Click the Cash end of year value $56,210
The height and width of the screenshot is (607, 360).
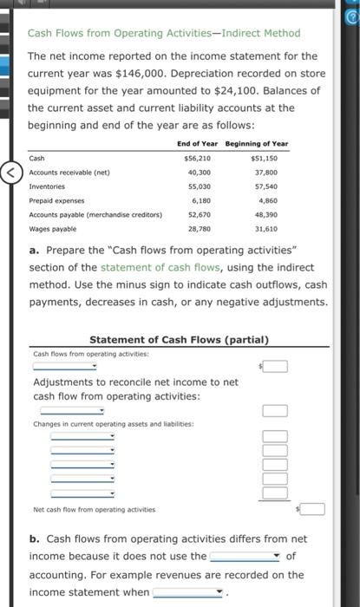click(x=198, y=159)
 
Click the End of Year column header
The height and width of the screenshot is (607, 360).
click(x=197, y=143)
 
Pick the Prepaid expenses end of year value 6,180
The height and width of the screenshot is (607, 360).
click(x=200, y=200)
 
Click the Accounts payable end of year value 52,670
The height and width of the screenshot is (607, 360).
click(x=199, y=214)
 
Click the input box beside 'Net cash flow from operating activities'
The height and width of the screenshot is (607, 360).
click(x=314, y=509)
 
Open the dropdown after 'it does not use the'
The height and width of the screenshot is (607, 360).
click(x=245, y=556)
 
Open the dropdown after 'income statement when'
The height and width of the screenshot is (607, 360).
click(x=189, y=592)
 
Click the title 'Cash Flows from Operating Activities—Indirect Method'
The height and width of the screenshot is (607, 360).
click(x=164, y=34)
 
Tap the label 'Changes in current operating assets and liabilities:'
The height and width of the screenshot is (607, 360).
click(x=114, y=424)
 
